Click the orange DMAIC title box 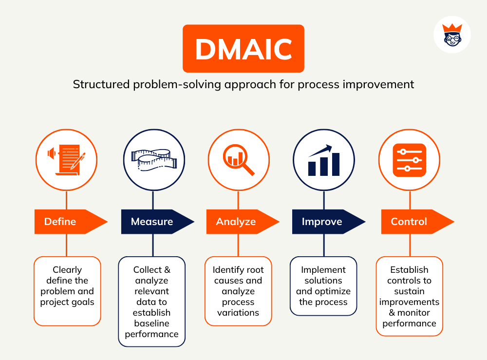[x=243, y=49]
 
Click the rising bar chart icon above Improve [x=324, y=160]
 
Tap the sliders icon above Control [x=409, y=160]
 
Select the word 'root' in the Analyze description [x=253, y=270]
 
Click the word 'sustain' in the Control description [x=409, y=291]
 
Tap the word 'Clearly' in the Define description [x=67, y=270]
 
